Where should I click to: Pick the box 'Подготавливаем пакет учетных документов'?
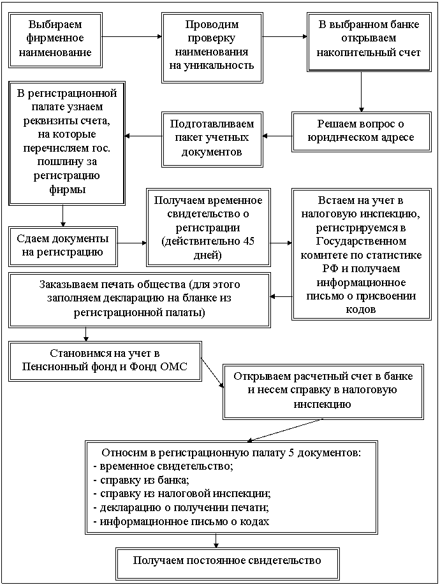[x=212, y=137]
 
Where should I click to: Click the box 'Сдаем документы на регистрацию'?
[x=62, y=246]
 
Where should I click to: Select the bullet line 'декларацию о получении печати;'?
[x=182, y=508]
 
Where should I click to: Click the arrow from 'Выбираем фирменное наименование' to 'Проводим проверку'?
[x=132, y=36]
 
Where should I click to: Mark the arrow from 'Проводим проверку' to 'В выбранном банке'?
[x=284, y=36]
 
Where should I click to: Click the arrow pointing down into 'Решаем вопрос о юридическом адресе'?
[x=361, y=92]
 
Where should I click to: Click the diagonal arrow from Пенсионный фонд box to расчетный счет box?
[x=212, y=373]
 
